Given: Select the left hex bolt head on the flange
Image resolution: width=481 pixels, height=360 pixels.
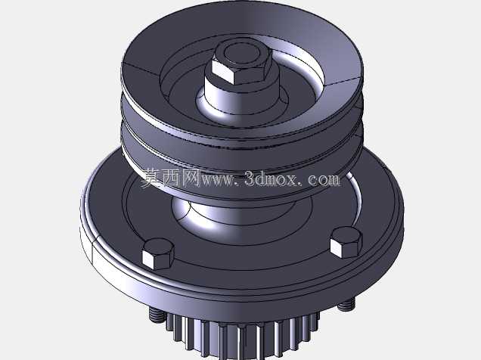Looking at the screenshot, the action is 158,254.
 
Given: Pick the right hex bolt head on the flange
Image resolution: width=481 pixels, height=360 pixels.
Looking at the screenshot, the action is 346,242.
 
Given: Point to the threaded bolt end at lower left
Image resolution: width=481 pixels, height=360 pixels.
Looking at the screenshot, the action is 156,315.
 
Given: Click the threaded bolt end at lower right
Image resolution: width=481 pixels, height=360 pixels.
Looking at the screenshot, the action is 346,304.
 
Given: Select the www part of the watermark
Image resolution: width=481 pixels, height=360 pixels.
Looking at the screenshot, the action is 217,180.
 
